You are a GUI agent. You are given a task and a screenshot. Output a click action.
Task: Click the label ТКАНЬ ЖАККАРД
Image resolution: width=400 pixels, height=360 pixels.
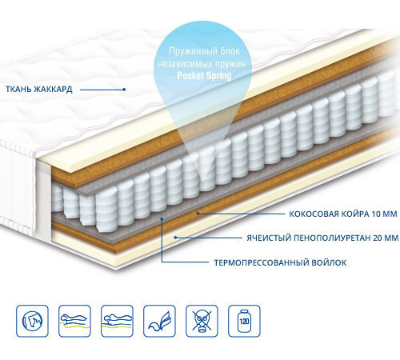pyautogui.click(x=39, y=90)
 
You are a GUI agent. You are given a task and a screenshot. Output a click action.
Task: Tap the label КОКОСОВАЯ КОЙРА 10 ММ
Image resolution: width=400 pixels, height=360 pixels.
pyautogui.click(x=343, y=214)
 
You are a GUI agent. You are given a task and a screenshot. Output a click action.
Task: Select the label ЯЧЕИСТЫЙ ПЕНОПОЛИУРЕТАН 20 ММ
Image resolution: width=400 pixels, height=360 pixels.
pyautogui.click(x=322, y=238)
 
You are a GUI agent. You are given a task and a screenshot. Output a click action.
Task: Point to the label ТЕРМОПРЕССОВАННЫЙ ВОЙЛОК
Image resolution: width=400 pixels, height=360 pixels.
pyautogui.click(x=281, y=262)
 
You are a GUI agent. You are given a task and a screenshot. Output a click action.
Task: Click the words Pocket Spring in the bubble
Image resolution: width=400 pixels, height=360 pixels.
pyautogui.click(x=204, y=76)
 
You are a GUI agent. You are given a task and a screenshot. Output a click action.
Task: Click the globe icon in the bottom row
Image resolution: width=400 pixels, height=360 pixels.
pyautogui.click(x=32, y=321)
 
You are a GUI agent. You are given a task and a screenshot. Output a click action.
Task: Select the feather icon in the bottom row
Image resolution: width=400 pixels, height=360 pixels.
pyautogui.click(x=159, y=321)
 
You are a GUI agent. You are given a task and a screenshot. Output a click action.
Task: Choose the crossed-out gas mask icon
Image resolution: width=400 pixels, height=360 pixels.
pyautogui.click(x=202, y=321)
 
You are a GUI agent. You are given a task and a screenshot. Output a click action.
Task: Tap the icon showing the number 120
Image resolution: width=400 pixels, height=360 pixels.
pyautogui.click(x=244, y=321)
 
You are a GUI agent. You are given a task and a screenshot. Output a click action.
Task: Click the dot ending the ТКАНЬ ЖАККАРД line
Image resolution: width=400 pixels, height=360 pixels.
pyautogui.click(x=124, y=90)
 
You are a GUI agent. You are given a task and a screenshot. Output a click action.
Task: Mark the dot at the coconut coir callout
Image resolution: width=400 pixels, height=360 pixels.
pyautogui.click(x=198, y=214)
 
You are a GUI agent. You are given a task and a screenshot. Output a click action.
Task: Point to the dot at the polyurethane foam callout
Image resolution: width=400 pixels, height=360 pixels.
pyautogui.click(x=175, y=238)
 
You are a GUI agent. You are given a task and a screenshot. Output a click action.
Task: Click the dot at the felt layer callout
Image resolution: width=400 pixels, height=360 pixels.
pyautogui.click(x=162, y=219)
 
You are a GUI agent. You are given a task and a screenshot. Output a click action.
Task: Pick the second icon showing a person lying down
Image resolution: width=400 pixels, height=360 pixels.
pyautogui.click(x=74, y=321)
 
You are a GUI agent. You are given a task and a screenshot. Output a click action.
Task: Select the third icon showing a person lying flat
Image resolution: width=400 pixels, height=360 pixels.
pyautogui.click(x=117, y=321)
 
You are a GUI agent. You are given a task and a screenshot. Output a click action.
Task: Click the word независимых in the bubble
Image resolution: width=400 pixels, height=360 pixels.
pyautogui.click(x=182, y=64)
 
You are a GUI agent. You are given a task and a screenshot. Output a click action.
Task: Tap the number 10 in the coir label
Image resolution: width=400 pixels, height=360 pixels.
pyautogui.click(x=377, y=214)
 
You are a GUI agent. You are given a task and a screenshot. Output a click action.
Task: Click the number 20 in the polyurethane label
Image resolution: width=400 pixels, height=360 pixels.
pyautogui.click(x=378, y=238)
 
